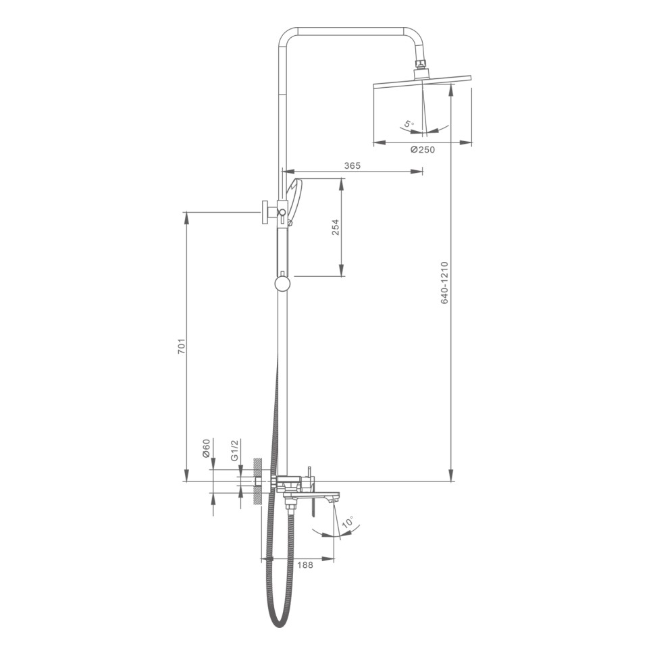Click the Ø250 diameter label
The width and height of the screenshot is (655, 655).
[422, 149]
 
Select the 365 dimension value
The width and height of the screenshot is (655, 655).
[352, 165]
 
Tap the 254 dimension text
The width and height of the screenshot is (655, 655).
[336, 228]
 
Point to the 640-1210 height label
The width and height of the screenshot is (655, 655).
[444, 283]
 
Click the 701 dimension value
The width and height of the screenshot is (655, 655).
[181, 346]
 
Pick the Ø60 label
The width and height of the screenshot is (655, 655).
[206, 448]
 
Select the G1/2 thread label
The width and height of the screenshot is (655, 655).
[235, 450]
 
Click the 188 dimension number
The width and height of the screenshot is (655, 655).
[305, 565]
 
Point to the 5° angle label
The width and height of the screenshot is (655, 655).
[409, 124]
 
